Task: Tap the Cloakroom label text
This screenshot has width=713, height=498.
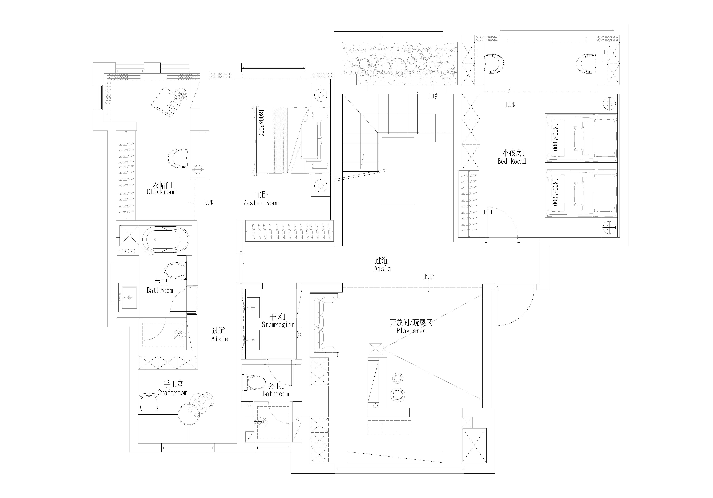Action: pyautogui.click(x=161, y=192)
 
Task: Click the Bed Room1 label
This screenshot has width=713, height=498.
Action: pyautogui.click(x=512, y=161)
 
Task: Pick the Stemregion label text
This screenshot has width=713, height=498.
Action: pyautogui.click(x=278, y=325)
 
